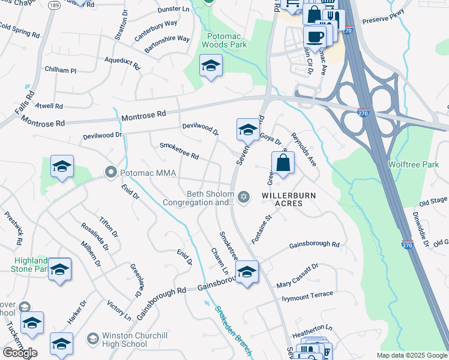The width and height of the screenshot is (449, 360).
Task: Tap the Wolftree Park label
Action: click(x=414, y=164)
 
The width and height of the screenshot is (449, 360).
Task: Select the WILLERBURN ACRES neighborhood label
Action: click(x=289, y=199)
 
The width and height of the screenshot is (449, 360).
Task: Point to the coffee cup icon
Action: click(x=315, y=36)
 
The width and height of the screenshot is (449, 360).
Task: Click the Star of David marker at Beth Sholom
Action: click(x=244, y=197)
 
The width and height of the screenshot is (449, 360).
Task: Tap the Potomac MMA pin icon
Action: click(x=110, y=173)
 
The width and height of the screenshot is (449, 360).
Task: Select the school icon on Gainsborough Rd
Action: click(x=246, y=271)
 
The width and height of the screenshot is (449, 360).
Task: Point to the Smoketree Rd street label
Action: click(x=179, y=151)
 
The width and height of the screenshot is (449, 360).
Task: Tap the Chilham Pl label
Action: click(x=61, y=70)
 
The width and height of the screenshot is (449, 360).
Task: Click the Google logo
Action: click(x=20, y=353)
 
